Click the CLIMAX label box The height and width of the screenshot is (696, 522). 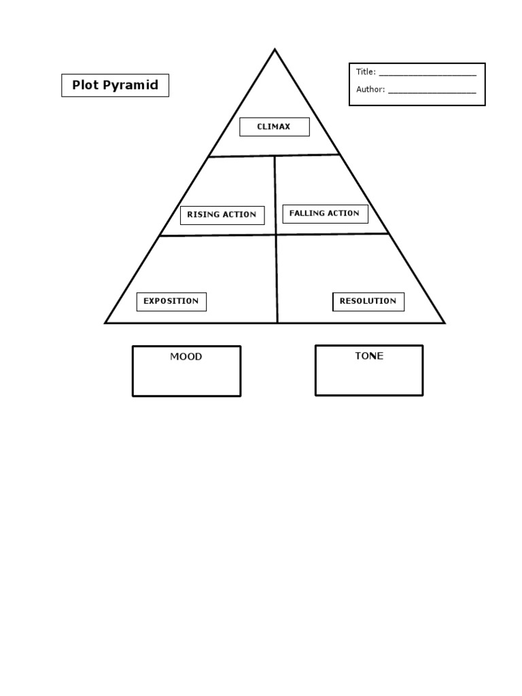coord(274,127)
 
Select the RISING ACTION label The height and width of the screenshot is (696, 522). coord(222,215)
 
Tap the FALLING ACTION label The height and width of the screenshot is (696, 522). coord(325,213)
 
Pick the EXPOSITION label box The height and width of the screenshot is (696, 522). coord(171,301)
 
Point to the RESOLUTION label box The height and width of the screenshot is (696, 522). coord(368,301)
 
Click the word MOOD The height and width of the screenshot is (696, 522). coord(186,357)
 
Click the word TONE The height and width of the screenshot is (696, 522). coord(369,356)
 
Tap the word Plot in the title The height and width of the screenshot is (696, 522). coord(84,85)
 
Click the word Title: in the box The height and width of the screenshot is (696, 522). coord(366,72)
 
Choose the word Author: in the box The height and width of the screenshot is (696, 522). coord(370,89)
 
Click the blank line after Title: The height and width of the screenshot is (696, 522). coord(427,73)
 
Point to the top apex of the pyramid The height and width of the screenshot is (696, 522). coord(275,50)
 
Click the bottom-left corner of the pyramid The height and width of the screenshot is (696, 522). coord(106,323)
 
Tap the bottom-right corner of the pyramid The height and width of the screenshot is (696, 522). coord(444,323)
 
